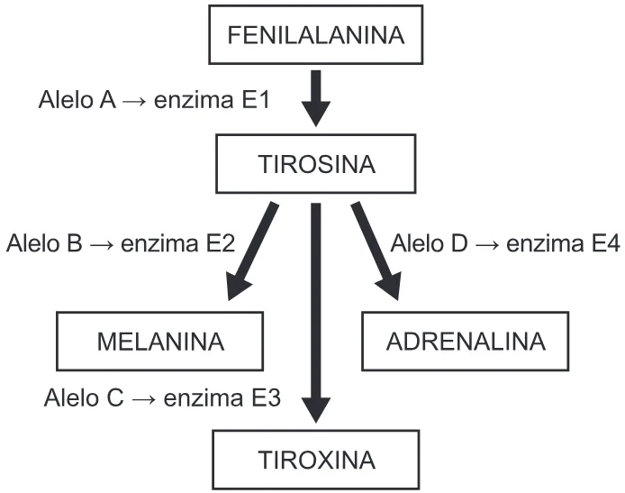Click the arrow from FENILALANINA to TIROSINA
pos(316,98)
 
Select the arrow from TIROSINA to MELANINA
pos(253,251)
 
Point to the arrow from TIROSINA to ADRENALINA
pos(376,251)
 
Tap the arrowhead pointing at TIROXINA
pos(316,410)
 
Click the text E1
pos(257,100)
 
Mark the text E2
pos(222,243)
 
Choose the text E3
pos(267,397)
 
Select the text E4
pos(606,243)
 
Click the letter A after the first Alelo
pos(108,100)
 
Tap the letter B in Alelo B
pos(75,243)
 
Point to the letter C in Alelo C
pos(115,397)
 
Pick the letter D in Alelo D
pos(459,243)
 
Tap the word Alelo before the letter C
pos(73,397)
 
